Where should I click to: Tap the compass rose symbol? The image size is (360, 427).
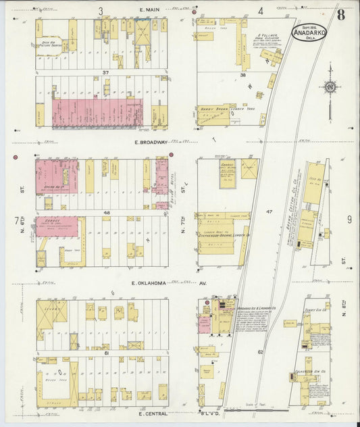pos(331,86)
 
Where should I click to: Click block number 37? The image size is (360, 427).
pos(105,72)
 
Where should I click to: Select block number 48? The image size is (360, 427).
pos(106,212)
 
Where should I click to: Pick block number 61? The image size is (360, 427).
pos(106,353)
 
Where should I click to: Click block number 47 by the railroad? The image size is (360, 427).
pos(269,211)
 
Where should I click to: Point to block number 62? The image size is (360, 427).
pos(260,352)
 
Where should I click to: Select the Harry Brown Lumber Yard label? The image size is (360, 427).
pos(219,107)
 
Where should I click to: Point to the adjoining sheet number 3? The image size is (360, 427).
pos(101,10)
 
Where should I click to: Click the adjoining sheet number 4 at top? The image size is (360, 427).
pos(260,11)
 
